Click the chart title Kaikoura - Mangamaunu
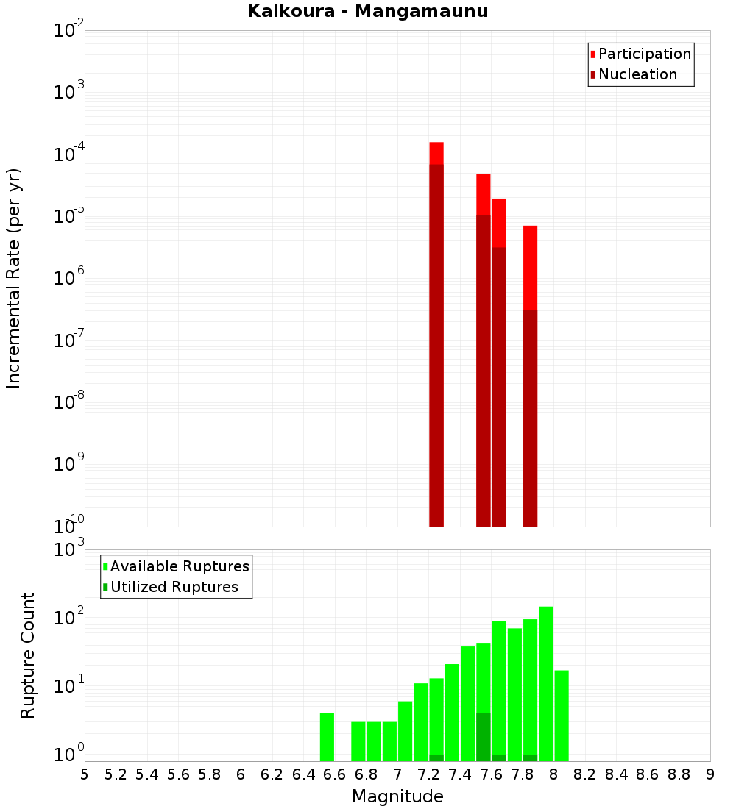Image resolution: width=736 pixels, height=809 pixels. pyautogui.click(x=368, y=11)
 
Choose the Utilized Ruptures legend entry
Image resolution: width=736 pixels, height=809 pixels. pyautogui.click(x=174, y=587)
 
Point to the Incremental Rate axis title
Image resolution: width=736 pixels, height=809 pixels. pyautogui.click(x=14, y=278)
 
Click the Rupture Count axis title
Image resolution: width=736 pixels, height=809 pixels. pyautogui.click(x=28, y=655)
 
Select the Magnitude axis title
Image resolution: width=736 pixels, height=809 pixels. pyautogui.click(x=397, y=796)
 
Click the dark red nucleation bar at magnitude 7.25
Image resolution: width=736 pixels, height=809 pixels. pyautogui.click(x=436, y=346)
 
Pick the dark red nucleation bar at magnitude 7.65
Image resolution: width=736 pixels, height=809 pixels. pyautogui.click(x=499, y=386)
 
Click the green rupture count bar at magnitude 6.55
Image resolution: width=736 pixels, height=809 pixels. pyautogui.click(x=328, y=737)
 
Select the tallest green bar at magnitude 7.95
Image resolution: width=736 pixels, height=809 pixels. pyautogui.click(x=546, y=684)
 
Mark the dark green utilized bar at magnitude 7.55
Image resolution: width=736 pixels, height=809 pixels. pyautogui.click(x=484, y=737)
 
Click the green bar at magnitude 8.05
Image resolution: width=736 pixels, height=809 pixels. pyautogui.click(x=562, y=716)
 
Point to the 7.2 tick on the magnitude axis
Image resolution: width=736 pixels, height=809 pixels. pyautogui.click(x=428, y=774)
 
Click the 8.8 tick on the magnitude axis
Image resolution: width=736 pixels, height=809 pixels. pyautogui.click(x=679, y=774)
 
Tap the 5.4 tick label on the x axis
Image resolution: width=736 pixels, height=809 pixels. pyautogui.click(x=147, y=774)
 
